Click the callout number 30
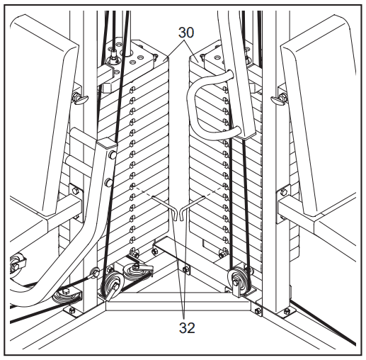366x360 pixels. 186,33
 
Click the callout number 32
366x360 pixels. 187,327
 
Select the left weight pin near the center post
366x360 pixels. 164,207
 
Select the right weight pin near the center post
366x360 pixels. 192,207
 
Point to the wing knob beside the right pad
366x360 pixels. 280,98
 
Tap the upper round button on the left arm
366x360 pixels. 113,154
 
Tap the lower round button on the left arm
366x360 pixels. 109,182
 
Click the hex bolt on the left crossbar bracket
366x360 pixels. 75,190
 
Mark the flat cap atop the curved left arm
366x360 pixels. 107,143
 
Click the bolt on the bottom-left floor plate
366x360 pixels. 73,310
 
